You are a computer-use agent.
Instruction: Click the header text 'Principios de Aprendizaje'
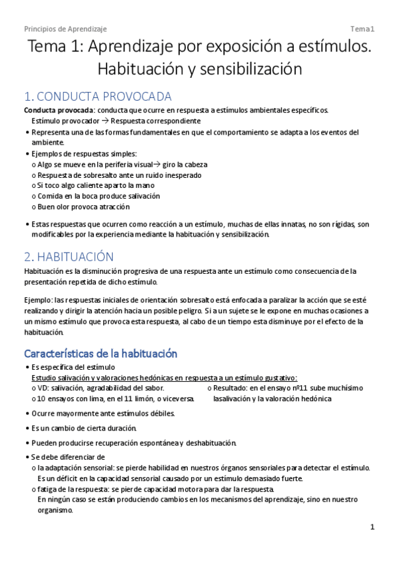(65, 29)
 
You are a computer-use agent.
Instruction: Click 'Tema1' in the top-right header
(364, 29)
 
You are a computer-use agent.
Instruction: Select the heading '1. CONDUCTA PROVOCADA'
(97, 97)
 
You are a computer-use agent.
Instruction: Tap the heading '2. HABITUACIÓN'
(69, 257)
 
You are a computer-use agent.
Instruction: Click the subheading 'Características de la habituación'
(100, 353)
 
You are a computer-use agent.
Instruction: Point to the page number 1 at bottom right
(373, 527)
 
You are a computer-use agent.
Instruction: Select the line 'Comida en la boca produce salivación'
(98, 196)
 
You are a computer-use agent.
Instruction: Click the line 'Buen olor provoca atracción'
(84, 207)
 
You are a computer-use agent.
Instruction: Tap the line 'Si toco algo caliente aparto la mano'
(97, 185)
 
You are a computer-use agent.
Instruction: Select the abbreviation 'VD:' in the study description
(43, 388)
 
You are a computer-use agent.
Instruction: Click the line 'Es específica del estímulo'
(73, 367)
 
